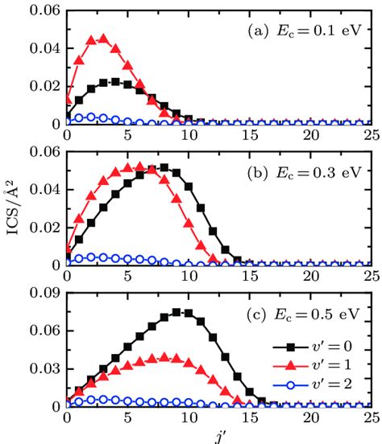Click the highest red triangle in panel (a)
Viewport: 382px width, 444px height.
click(103, 37)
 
